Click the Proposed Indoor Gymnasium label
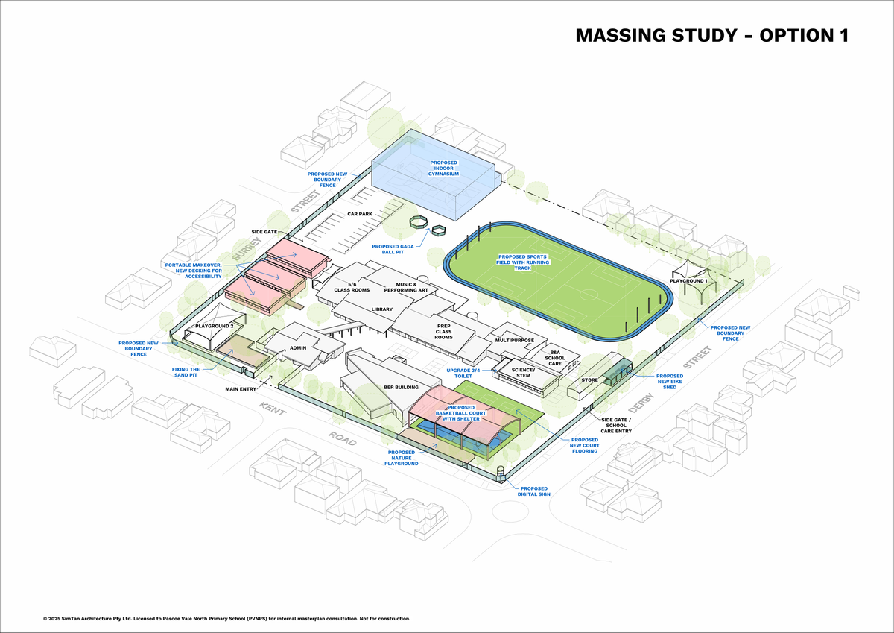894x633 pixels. point(443,169)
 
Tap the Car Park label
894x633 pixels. point(360,214)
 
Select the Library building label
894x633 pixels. point(382,309)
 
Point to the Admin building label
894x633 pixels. point(298,348)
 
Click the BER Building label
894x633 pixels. point(401,387)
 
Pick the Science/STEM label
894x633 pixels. point(523,373)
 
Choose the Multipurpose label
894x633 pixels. point(515,340)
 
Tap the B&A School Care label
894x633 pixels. point(555,358)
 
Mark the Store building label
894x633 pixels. point(589,380)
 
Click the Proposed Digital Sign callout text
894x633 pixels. point(534,491)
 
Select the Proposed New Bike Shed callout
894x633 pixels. point(670,382)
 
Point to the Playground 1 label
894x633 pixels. point(688,281)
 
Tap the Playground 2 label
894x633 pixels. point(215,326)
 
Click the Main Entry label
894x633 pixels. point(241,389)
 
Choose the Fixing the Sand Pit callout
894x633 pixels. point(186,372)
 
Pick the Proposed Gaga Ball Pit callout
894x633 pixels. point(393,249)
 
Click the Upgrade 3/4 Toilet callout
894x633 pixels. point(463,373)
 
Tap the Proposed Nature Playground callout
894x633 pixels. point(402,458)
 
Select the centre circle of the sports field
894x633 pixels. point(589,295)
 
